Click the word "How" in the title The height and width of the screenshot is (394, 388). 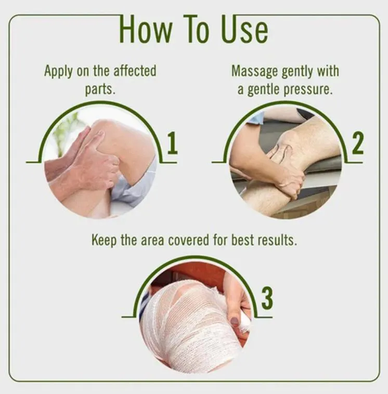(x=146, y=29)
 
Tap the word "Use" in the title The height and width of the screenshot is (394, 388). (x=244, y=29)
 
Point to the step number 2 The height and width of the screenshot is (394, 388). (x=357, y=143)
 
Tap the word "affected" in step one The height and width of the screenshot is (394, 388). (x=135, y=71)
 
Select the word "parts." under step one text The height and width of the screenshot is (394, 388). (x=100, y=89)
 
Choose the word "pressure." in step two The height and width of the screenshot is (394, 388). (x=308, y=90)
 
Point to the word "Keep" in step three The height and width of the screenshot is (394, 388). (x=104, y=241)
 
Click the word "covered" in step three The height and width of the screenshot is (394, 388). (x=188, y=240)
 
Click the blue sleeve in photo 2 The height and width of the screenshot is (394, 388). (x=254, y=117)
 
